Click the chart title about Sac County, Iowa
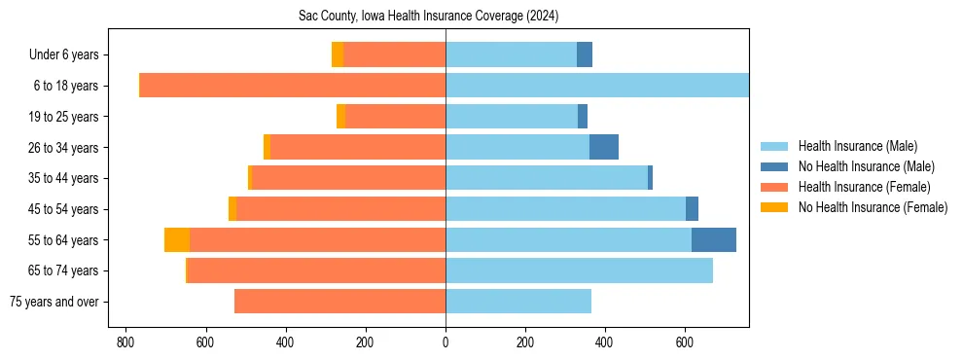(428, 17)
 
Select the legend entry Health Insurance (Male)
(857, 146)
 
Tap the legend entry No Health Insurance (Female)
(873, 207)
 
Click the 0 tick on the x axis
(446, 342)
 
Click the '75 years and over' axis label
(53, 302)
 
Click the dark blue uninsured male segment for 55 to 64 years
(714, 240)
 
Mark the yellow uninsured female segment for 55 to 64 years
(177, 240)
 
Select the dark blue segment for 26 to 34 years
(604, 148)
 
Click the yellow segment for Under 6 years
(338, 55)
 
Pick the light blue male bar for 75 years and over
(518, 302)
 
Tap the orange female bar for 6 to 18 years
(292, 86)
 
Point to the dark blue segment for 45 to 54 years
(692, 209)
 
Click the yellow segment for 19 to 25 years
(340, 117)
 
